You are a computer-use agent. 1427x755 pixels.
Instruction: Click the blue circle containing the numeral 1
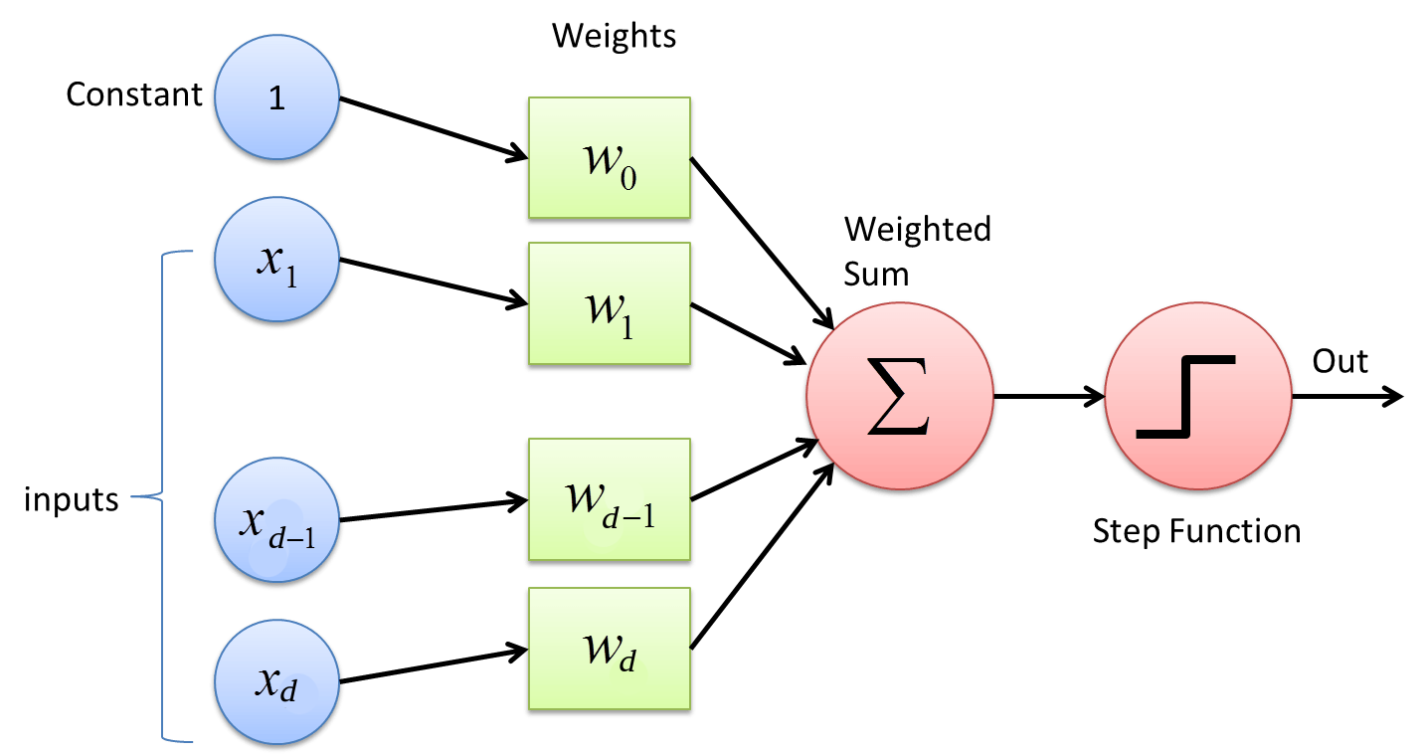pos(276,96)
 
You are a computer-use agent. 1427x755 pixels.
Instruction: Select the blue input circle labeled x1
pos(276,259)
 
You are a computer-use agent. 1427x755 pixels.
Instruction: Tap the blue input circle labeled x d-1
pos(276,519)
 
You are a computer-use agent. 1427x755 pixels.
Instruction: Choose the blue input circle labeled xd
pos(276,682)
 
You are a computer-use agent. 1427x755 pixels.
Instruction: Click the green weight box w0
pos(609,157)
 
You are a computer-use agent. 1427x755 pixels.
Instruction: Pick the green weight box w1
pos(609,303)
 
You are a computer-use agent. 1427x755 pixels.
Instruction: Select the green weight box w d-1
pos(609,498)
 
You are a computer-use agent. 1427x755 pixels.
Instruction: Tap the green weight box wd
pos(609,648)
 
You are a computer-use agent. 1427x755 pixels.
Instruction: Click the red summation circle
pos(899,396)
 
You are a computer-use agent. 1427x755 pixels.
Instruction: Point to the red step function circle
pos(1197,396)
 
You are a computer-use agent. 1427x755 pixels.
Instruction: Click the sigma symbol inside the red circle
pos(898,399)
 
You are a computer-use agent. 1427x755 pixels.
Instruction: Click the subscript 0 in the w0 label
pos(626,177)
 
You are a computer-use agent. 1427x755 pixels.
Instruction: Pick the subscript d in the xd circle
pos(288,691)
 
